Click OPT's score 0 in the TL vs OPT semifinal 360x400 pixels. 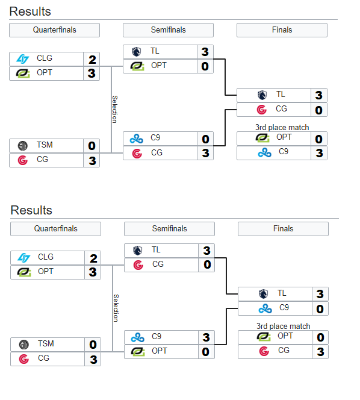205,66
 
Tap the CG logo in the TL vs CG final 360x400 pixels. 262,110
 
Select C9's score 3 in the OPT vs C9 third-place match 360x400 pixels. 319,153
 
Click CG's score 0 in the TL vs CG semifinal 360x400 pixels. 207,264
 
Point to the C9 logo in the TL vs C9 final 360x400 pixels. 265,308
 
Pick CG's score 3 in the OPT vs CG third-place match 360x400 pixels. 320,352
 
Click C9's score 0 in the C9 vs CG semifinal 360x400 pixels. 205,139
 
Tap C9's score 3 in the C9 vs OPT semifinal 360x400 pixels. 206,337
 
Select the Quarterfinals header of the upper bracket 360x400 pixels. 55,30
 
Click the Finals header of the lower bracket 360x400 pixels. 284,228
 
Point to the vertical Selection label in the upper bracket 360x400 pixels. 115,109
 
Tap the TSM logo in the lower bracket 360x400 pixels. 24,345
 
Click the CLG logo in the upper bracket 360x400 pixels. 23,59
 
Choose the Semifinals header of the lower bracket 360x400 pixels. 170,228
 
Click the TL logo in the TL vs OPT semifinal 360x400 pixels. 137,52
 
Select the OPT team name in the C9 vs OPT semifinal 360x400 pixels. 160,351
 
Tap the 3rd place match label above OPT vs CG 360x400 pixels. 284,326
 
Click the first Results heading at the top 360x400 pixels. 30,11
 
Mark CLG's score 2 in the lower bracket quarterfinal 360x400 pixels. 93,258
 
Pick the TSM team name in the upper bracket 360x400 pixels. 45,145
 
